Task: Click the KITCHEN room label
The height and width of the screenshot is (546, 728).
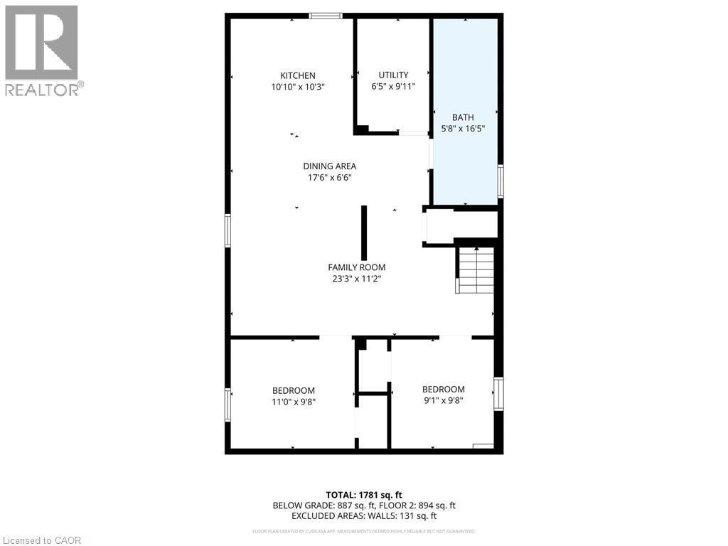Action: click(297, 76)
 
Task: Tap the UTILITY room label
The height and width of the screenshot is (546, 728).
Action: click(393, 75)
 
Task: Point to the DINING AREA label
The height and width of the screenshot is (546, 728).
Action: click(329, 166)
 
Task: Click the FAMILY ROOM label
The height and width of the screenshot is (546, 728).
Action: click(356, 267)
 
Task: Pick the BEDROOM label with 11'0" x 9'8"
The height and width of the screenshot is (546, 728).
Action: click(293, 390)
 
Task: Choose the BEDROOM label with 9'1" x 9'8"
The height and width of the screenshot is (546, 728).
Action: click(443, 389)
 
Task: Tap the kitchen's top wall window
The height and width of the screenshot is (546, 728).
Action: click(326, 16)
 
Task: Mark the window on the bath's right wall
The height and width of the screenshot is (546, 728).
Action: click(500, 181)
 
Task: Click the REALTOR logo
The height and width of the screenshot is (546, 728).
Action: click(42, 50)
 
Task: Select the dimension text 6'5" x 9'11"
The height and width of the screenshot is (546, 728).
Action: click(393, 86)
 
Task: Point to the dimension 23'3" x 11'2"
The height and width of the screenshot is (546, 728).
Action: click(356, 279)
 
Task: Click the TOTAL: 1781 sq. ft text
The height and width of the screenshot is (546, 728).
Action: click(364, 495)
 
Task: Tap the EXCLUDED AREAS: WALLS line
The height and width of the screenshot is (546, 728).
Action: click(364, 516)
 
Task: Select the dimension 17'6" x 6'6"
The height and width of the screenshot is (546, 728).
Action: click(329, 178)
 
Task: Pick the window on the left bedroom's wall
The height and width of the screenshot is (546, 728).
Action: click(228, 405)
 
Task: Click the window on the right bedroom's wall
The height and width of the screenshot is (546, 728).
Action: click(499, 394)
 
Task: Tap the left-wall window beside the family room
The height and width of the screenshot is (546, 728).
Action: click(228, 230)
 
